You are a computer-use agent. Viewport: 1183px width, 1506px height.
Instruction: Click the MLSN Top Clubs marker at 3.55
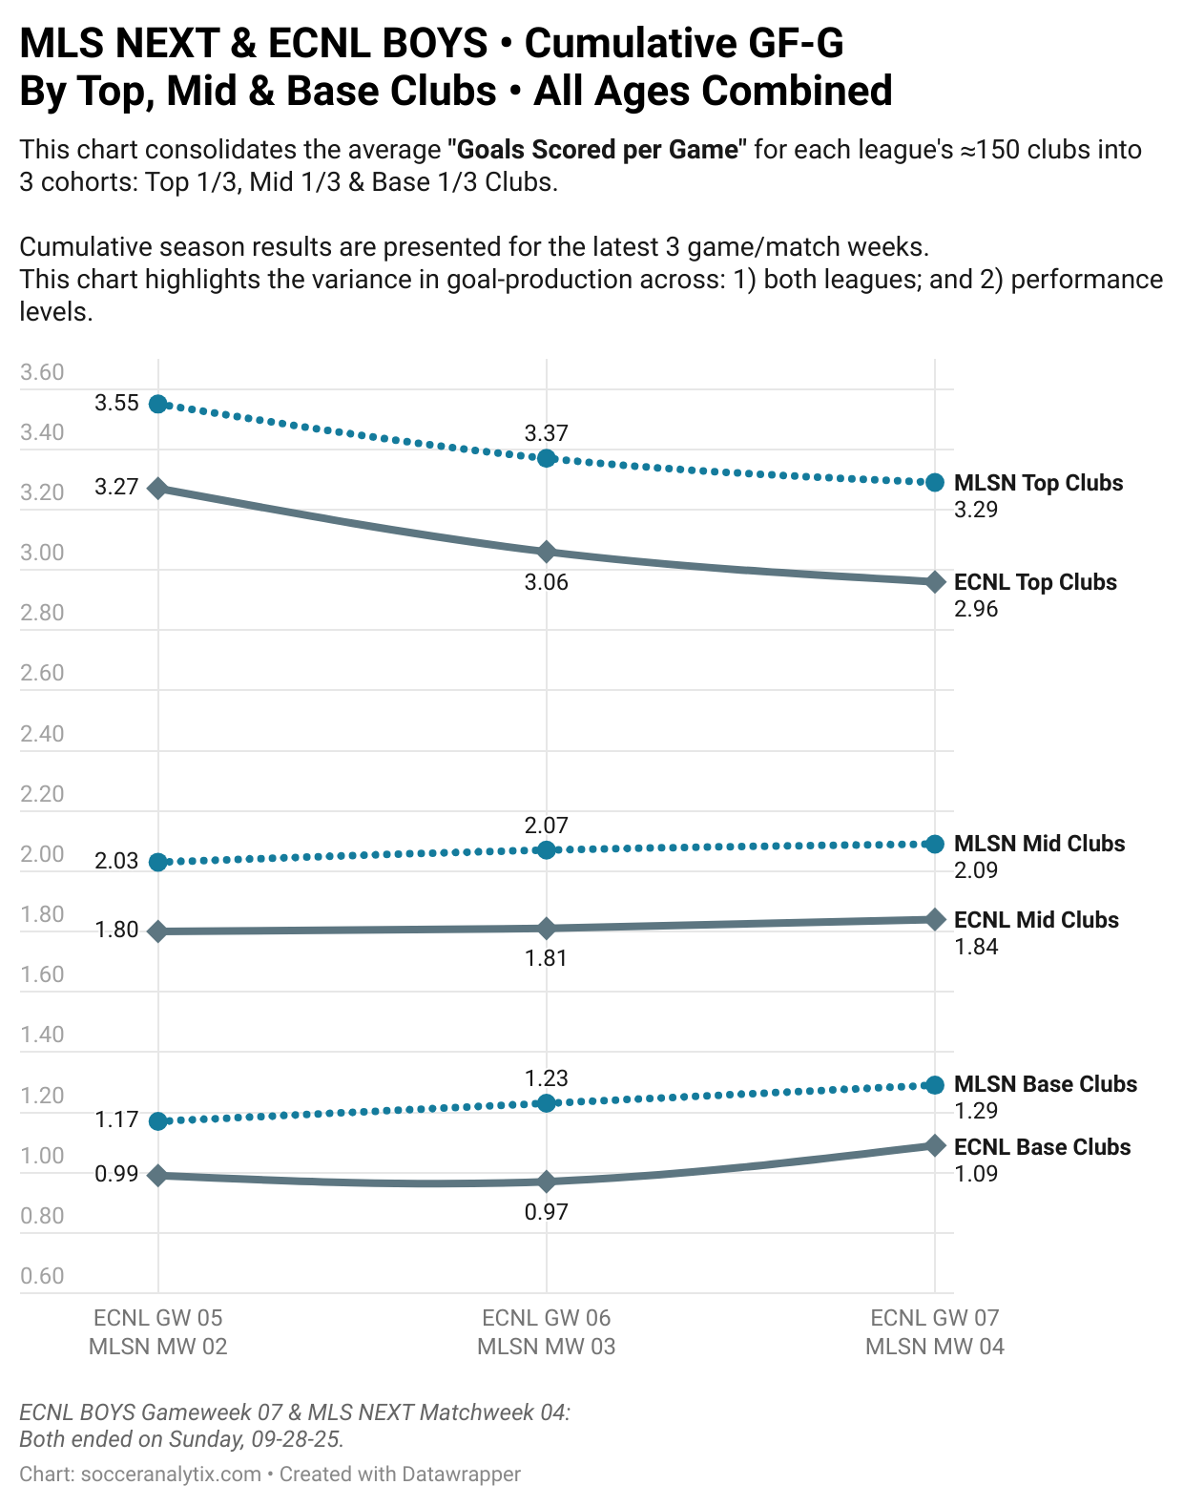pyautogui.click(x=158, y=404)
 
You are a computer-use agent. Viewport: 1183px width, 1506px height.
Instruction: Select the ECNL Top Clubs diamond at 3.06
pyautogui.click(x=547, y=552)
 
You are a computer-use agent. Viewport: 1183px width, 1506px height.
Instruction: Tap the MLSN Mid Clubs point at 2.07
pyautogui.click(x=547, y=849)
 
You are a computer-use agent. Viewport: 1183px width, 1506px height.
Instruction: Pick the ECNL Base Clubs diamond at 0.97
pyautogui.click(x=547, y=1182)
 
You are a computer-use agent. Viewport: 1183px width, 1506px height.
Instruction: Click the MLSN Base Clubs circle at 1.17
pyautogui.click(x=158, y=1120)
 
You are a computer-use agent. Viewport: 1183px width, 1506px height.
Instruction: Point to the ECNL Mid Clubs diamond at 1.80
pyautogui.click(x=158, y=931)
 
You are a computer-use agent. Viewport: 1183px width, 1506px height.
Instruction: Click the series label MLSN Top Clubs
pyautogui.click(x=1038, y=483)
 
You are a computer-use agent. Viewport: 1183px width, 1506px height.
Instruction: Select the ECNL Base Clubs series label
pyautogui.click(x=1042, y=1147)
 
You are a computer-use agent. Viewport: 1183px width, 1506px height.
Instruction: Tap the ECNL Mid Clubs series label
pyautogui.click(x=1036, y=920)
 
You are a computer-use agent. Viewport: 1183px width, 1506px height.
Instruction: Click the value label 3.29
pyautogui.click(x=976, y=510)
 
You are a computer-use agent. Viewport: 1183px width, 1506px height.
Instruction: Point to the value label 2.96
pyautogui.click(x=976, y=609)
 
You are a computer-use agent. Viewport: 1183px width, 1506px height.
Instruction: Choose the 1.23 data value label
pyautogui.click(x=547, y=1078)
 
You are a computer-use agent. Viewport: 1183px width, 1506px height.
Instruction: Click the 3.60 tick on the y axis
pyautogui.click(x=42, y=372)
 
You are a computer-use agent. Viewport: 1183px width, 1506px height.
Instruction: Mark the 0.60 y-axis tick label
pyautogui.click(x=42, y=1276)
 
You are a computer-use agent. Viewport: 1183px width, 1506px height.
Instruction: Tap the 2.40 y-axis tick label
pyautogui.click(x=42, y=734)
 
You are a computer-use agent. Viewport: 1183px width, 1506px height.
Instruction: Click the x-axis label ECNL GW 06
pyautogui.click(x=546, y=1318)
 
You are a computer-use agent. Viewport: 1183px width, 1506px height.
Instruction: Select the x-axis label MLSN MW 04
pyautogui.click(x=935, y=1347)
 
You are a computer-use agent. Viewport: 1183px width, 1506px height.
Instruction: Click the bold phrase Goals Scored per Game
pyautogui.click(x=598, y=150)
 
